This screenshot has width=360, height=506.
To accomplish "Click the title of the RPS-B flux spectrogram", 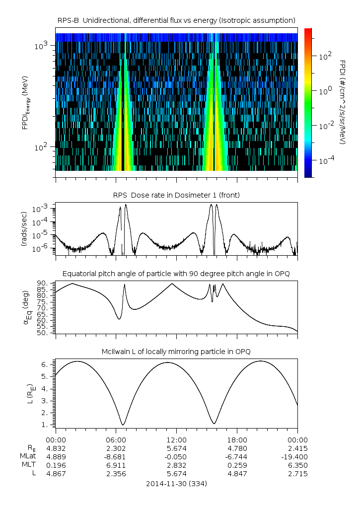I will pos(176,20).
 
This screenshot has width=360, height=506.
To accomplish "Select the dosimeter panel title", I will pos(176,195).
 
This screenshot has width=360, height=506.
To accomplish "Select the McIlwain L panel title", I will pos(176,352).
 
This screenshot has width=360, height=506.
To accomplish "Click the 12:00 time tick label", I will pos(176,440).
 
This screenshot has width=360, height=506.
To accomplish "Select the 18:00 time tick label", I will pos(237,440).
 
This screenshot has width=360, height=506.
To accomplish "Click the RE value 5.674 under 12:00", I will pos(176,448).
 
